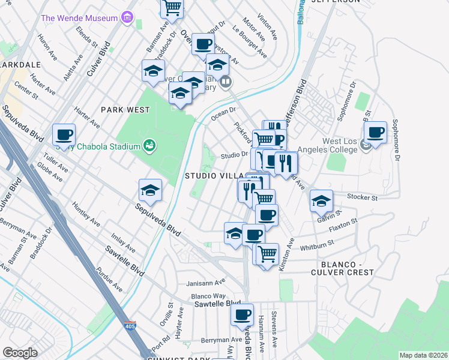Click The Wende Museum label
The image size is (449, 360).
click(79, 18)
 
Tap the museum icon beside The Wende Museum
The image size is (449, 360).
click(127, 17)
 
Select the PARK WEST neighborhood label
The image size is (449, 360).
click(125, 110)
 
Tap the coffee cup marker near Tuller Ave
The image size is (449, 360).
click(64, 135)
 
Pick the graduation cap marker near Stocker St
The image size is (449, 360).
click(322, 201)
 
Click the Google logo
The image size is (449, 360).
click(20, 353)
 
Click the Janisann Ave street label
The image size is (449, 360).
click(205, 281)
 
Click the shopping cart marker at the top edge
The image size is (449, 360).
click(172, 6)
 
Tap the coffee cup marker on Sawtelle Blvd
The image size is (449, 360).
click(243, 314)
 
